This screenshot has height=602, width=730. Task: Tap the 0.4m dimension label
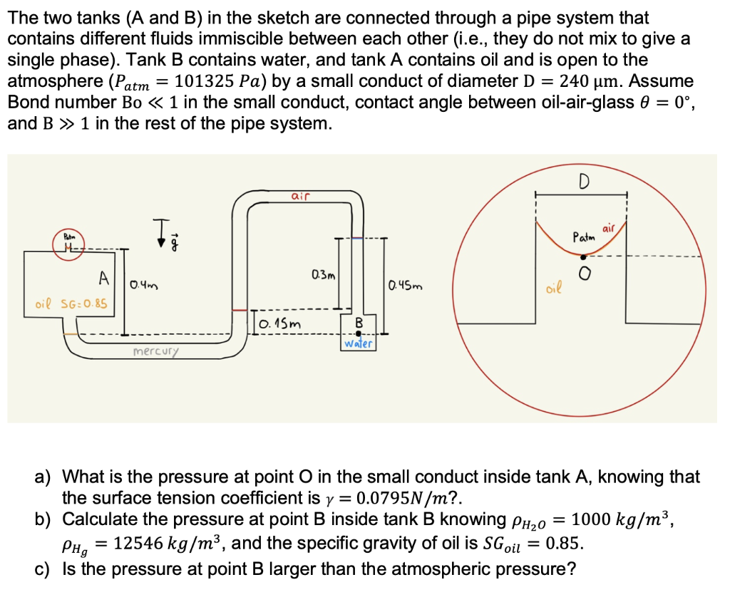coord(143,286)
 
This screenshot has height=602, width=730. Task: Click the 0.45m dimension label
coord(405,286)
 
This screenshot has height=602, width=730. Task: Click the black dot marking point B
coord(359,333)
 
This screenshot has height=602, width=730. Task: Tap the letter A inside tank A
coord(104,276)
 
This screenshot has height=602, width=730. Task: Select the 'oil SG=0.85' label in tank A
coord(71,304)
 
